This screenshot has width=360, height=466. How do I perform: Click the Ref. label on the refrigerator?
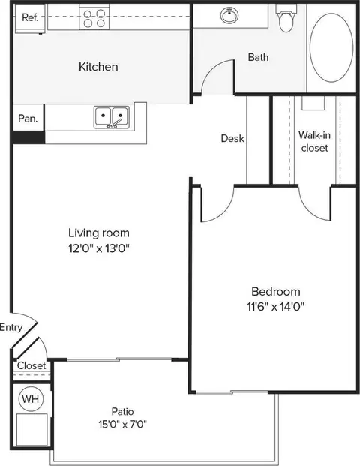[30, 17]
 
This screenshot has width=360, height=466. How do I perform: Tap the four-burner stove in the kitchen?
[94, 18]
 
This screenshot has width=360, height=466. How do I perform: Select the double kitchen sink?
[112, 117]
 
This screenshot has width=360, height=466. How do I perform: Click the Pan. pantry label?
[28, 119]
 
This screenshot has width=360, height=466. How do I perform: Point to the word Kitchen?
[98, 67]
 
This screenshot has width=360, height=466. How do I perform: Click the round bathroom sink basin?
[229, 15]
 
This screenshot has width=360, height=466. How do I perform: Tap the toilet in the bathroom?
[286, 18]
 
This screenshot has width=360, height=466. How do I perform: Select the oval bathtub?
[331, 47]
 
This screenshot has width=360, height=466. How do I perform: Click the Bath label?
[258, 57]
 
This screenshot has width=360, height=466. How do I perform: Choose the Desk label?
[232, 138]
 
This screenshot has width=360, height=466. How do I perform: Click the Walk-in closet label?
[314, 142]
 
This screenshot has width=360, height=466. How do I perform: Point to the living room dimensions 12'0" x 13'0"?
[99, 248]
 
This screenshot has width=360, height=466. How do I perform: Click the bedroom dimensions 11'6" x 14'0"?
[276, 306]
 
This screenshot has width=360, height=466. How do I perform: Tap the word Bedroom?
[276, 291]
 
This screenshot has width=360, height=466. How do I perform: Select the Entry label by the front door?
[11, 327]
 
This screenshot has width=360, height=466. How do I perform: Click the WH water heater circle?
[31, 398]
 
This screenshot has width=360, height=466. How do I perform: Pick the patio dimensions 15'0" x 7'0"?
[123, 424]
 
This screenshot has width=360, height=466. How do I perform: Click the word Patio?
[122, 412]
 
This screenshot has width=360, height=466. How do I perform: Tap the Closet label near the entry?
[31, 365]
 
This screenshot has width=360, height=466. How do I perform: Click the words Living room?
[99, 233]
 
